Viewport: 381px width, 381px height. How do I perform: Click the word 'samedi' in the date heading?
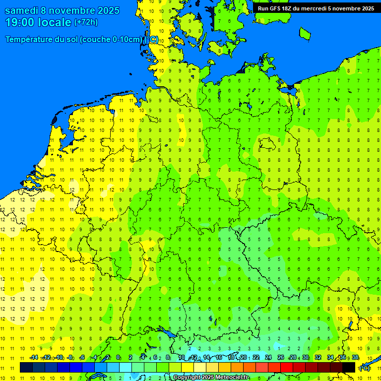[22, 10]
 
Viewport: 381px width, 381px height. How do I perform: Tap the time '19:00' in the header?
[19, 22]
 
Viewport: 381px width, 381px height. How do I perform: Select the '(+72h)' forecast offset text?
[86, 22]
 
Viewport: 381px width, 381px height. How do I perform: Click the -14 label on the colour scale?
[34, 358]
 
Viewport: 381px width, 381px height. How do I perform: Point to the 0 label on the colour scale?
[118, 358]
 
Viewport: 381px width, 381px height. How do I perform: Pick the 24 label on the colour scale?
[268, 358]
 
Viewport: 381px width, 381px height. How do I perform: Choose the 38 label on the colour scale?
[355, 358]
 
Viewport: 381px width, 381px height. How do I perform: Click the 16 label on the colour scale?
[219, 358]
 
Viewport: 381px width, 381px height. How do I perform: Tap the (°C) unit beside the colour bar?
[365, 368]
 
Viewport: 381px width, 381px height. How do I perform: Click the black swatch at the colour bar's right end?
[349, 368]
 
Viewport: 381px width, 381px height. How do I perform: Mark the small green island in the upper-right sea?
[305, 33]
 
